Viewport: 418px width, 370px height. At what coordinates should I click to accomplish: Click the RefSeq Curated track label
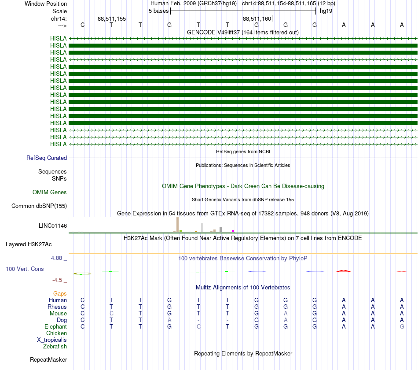(x=47, y=158)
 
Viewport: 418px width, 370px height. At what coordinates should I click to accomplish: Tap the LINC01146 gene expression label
(x=53, y=226)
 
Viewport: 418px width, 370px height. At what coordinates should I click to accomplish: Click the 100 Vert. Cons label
(x=25, y=269)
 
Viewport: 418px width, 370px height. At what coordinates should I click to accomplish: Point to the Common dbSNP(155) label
(x=39, y=206)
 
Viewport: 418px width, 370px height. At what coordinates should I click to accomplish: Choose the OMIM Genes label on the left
(x=50, y=192)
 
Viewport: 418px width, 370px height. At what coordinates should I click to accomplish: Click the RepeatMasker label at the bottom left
(x=48, y=359)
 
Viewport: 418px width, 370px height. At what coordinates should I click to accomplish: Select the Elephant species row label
(x=55, y=326)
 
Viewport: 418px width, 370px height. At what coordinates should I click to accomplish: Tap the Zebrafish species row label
(x=55, y=346)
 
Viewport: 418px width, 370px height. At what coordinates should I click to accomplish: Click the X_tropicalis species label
(x=52, y=340)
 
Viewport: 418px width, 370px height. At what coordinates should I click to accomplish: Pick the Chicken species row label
(x=56, y=333)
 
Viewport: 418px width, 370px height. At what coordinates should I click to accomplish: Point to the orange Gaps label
(x=60, y=293)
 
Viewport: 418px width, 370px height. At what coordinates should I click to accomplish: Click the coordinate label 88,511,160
(x=257, y=18)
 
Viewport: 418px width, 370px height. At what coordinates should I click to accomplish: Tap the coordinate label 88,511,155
(x=112, y=18)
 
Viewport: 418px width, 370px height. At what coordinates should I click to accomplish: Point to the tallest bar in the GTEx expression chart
(x=177, y=224)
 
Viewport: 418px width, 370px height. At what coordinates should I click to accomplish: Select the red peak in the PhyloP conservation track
(x=344, y=270)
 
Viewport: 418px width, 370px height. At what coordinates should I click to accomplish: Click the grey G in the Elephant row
(x=402, y=326)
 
